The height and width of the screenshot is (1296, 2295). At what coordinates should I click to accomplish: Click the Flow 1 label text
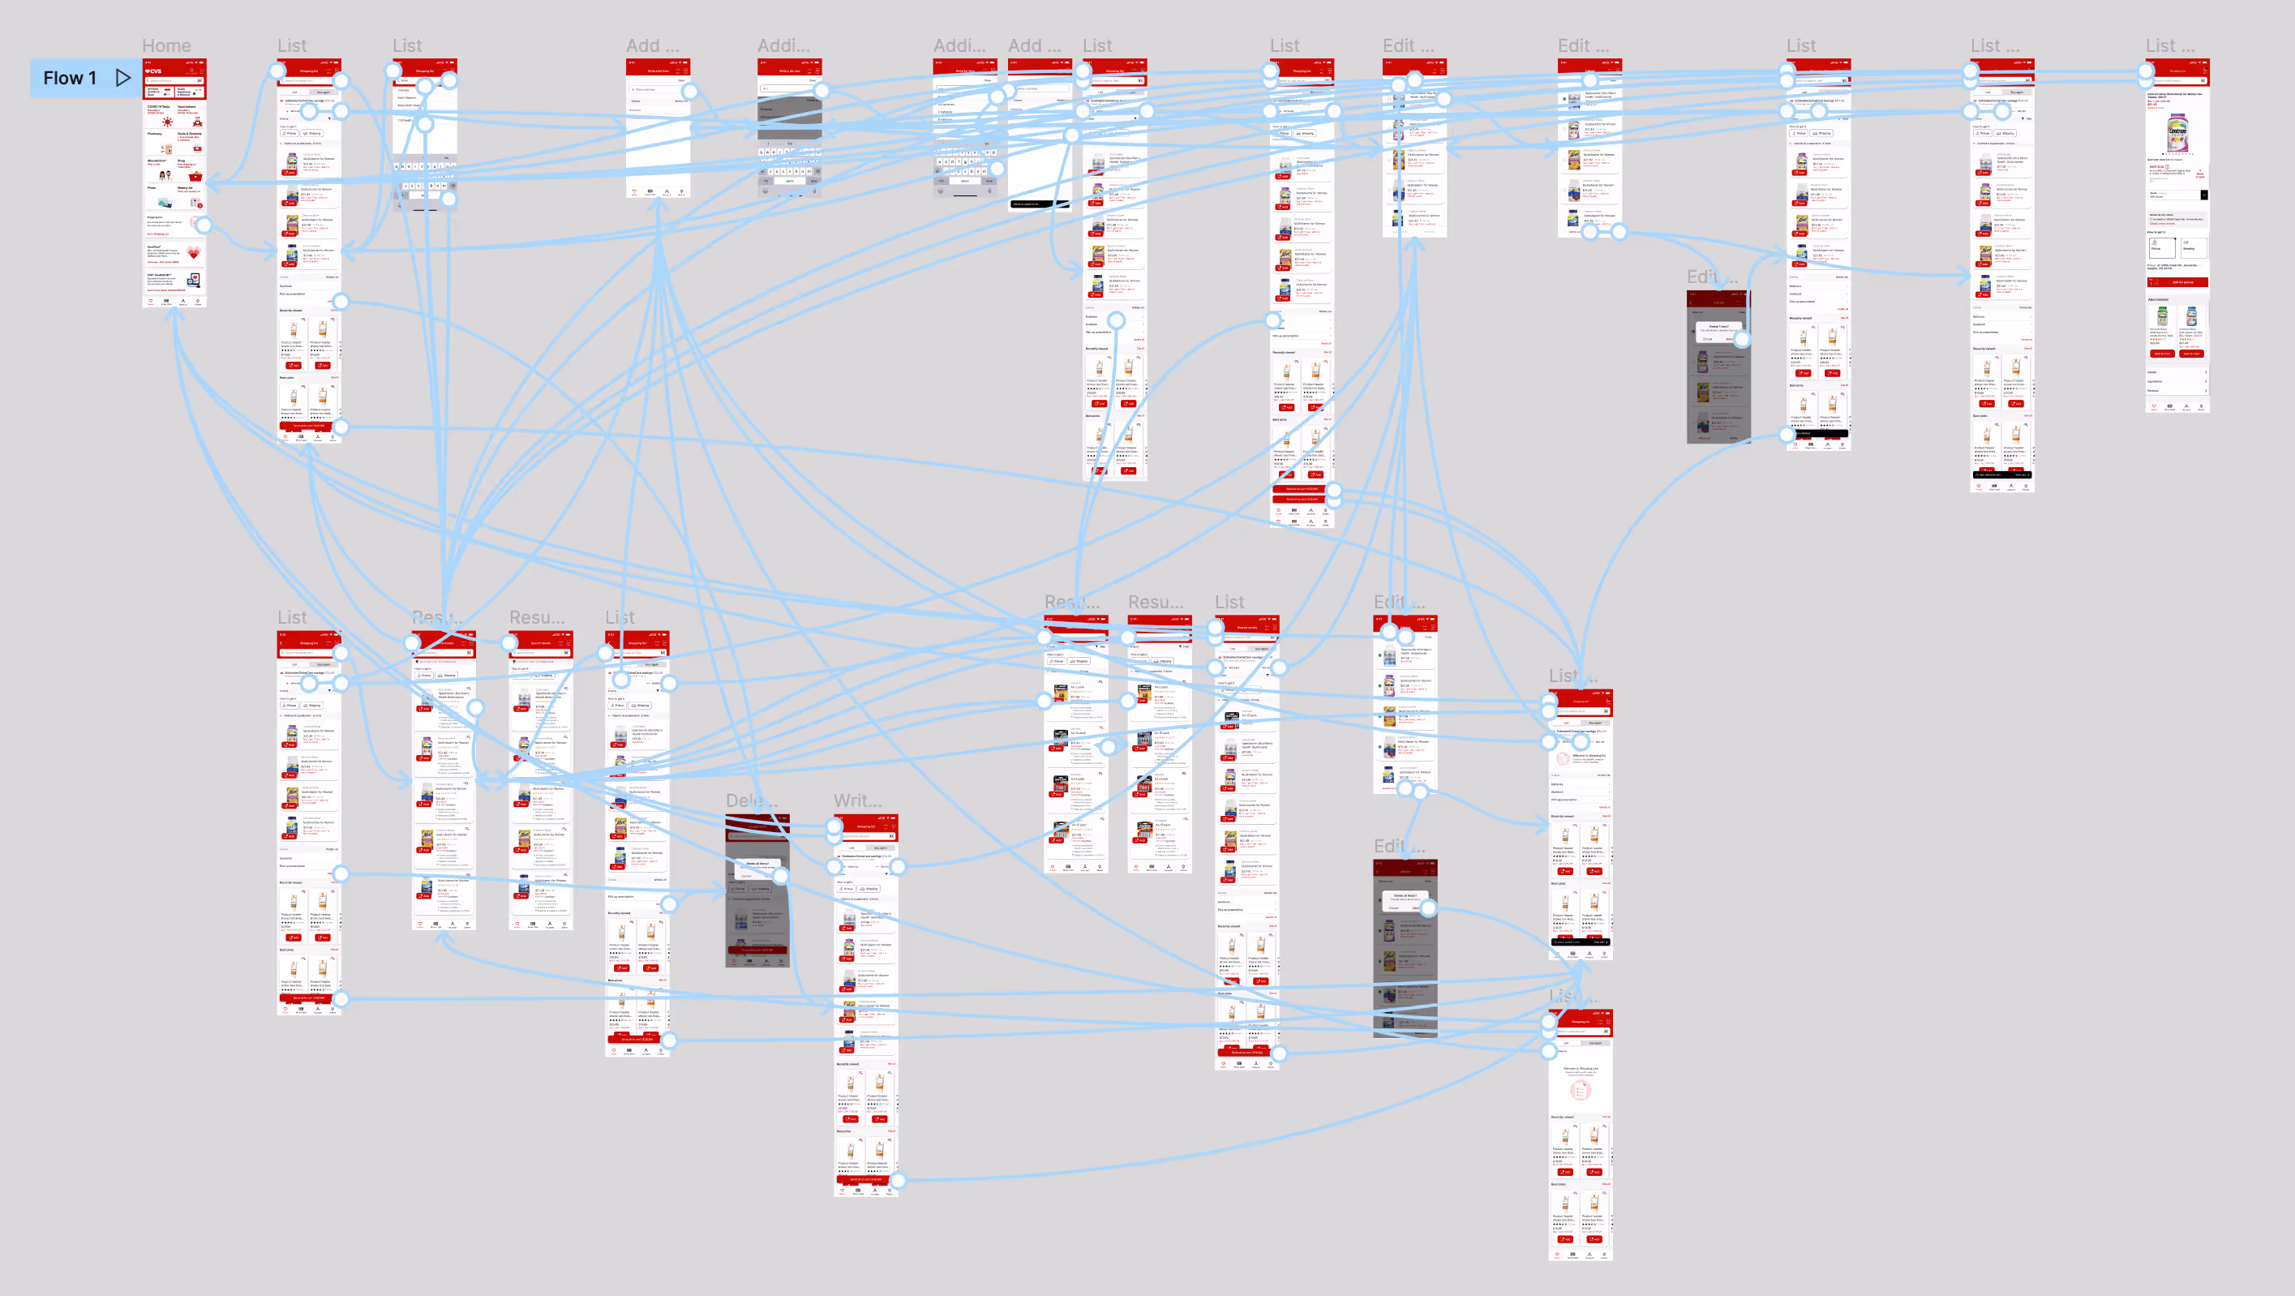[x=70, y=79]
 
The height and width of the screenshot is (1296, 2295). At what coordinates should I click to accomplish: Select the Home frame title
[x=166, y=45]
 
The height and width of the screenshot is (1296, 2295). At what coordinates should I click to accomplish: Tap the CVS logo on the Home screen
[x=154, y=71]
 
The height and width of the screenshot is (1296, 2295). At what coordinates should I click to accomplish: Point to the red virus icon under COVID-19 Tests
[x=166, y=121]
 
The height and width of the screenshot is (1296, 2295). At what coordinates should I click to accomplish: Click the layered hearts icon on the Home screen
[x=193, y=253]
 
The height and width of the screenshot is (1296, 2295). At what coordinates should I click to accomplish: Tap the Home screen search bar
[x=174, y=80]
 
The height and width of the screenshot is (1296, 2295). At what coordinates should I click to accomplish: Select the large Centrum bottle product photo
[x=2177, y=134]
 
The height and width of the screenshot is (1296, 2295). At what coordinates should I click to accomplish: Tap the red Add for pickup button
[x=2177, y=282]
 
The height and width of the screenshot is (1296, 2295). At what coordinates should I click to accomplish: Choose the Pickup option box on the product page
[x=2161, y=247]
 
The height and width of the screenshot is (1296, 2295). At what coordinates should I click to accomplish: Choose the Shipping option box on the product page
[x=2193, y=247]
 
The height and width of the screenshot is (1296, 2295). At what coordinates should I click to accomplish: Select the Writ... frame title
[x=857, y=800]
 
